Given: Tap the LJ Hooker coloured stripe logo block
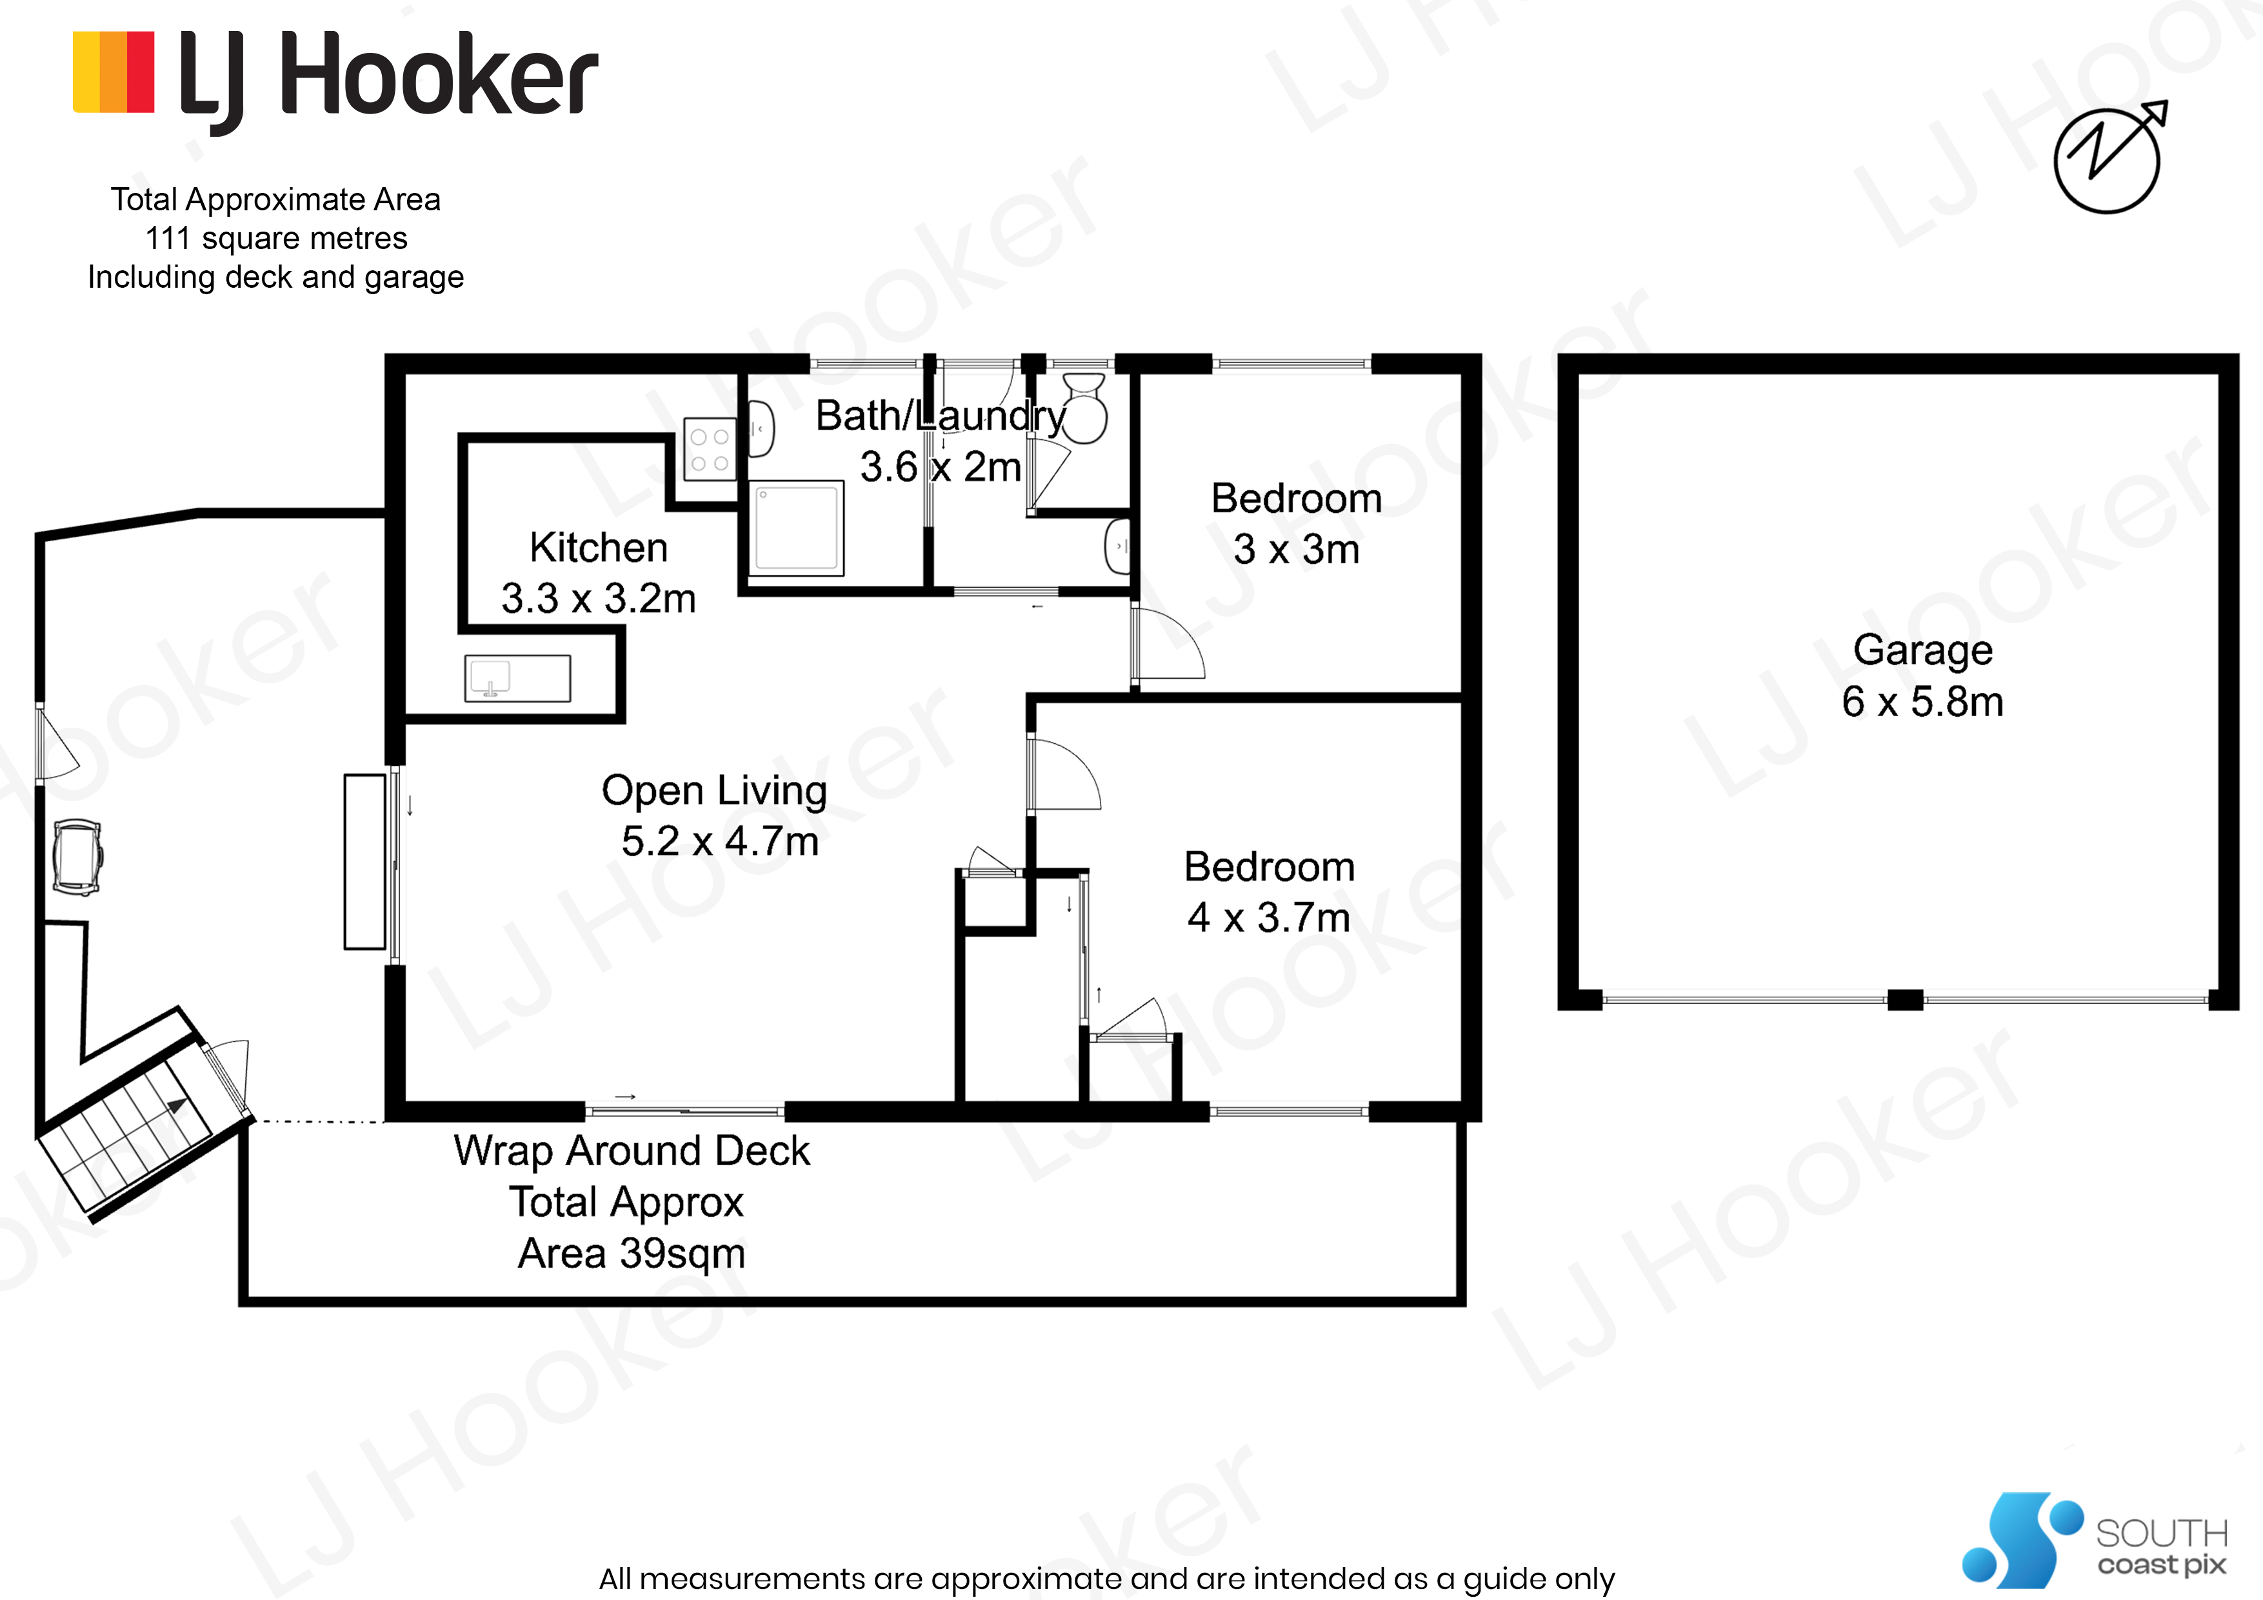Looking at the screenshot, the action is pos(114,72).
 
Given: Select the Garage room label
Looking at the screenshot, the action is pos(1922,650).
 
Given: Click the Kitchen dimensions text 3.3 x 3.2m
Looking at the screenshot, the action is pos(598,599).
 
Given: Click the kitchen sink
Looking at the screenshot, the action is pos(517,678).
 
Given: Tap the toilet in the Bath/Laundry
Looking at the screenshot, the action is pos(1084,409).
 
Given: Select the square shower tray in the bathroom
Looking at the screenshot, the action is pos(797,528).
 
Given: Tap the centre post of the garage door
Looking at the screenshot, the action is pos(1905,999).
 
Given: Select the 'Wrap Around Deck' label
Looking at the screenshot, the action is pos(632,1150).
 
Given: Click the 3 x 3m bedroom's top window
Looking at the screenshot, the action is pos(1291,365).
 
